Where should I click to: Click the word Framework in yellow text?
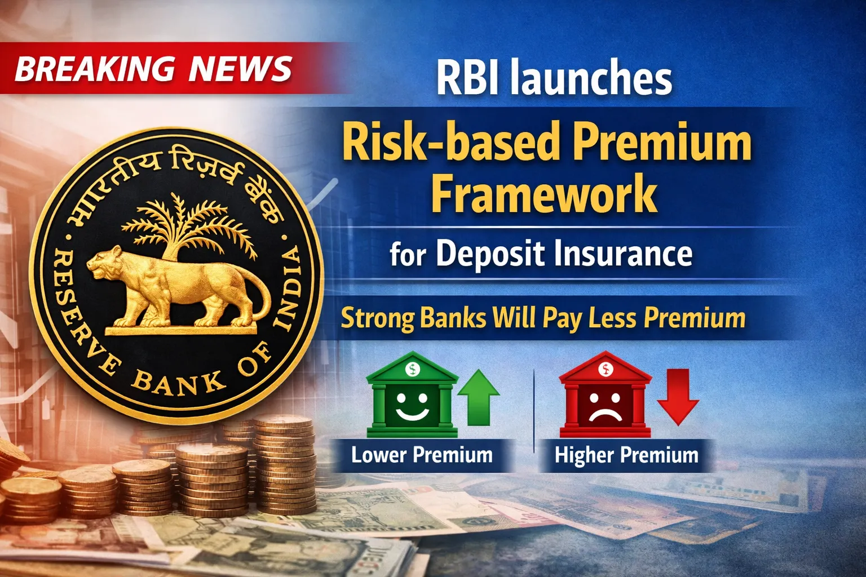point(544,193)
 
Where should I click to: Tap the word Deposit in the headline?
point(490,253)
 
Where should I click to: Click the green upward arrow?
point(478,397)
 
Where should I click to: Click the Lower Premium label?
point(422,455)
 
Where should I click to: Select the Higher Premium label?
point(626,455)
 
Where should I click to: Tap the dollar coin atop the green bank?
point(413,369)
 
